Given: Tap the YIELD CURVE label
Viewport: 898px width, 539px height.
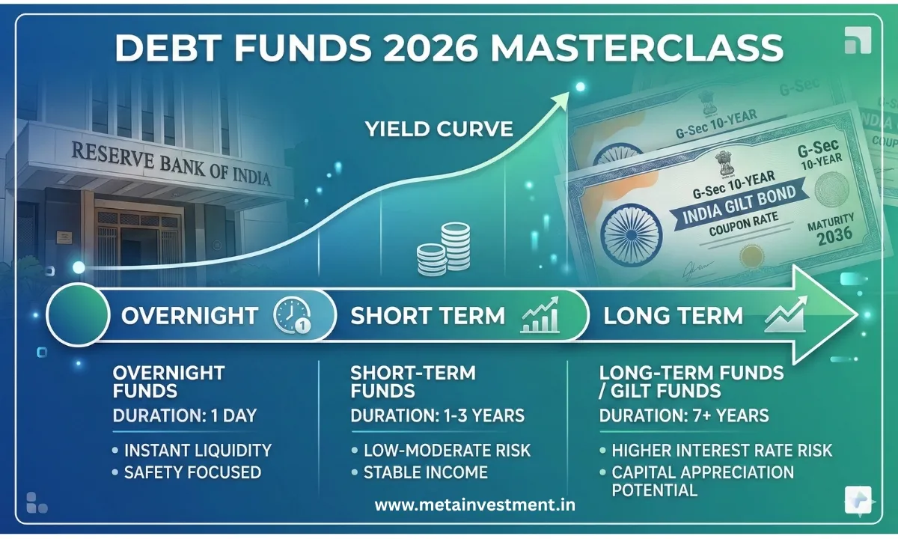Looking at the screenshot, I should pyautogui.click(x=439, y=129).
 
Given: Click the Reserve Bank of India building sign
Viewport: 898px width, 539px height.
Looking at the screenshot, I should pyautogui.click(x=171, y=164).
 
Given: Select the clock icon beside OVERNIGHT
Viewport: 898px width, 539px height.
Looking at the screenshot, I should pyautogui.click(x=292, y=315).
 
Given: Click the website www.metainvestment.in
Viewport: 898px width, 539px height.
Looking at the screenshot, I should pyautogui.click(x=474, y=505).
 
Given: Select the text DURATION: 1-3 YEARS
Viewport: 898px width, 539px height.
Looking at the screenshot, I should pyautogui.click(x=438, y=415).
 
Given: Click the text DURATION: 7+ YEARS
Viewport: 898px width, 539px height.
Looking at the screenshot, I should pyautogui.click(x=683, y=415).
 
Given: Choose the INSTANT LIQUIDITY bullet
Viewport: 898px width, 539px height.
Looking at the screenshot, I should pyautogui.click(x=197, y=450).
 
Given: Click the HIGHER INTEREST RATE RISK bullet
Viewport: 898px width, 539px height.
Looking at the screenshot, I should pyautogui.click(x=721, y=450).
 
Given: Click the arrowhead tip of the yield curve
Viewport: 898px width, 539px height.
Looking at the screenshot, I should pyautogui.click(x=578, y=88).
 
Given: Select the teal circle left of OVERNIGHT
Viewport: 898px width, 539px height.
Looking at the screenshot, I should pyautogui.click(x=76, y=315).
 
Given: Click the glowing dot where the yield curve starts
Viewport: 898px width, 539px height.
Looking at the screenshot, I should pyautogui.click(x=78, y=267).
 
